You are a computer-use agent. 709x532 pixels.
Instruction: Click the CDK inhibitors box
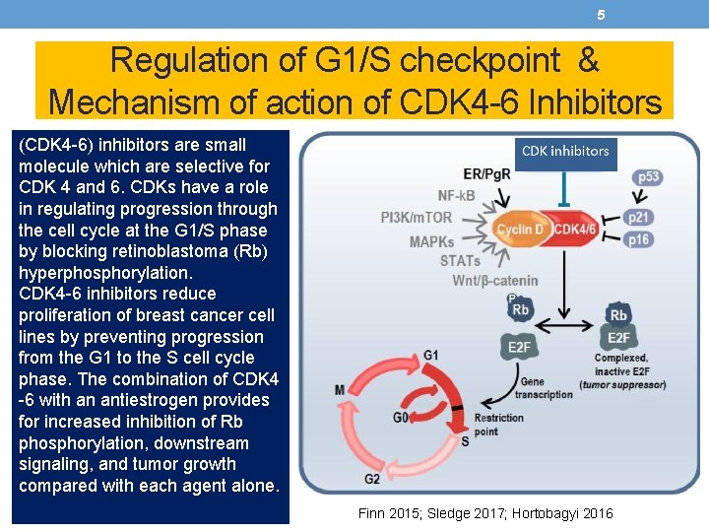565,152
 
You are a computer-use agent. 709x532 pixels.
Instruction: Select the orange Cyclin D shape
520,230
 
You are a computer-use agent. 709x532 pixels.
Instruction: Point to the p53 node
648,177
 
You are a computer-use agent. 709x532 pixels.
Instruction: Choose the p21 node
638,218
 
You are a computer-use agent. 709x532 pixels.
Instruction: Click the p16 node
638,239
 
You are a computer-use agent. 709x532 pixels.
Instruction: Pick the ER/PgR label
487,174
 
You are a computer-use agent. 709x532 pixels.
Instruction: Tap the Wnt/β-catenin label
495,281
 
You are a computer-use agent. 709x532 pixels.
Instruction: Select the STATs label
460,260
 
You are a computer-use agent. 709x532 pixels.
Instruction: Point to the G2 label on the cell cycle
373,480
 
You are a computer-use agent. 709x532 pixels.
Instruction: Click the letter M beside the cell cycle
340,390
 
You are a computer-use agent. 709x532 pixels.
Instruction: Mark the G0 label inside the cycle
401,418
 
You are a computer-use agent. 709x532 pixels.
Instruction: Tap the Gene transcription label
546,387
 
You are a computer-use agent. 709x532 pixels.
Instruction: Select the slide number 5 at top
601,15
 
